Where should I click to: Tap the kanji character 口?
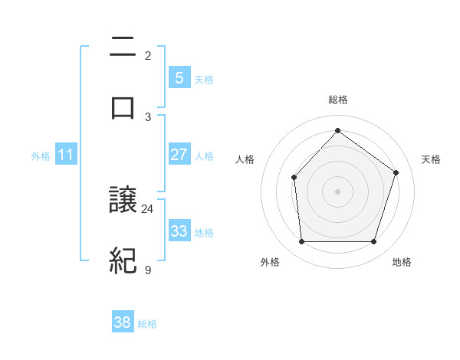pyautogui.click(x=123, y=107)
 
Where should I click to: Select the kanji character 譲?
pyautogui.click(x=123, y=201)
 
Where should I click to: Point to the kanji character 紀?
pyautogui.click(x=123, y=261)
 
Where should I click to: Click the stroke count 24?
pyautogui.click(x=148, y=208)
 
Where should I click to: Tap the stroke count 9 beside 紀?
pyautogui.click(x=148, y=270)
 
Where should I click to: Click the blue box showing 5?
pyautogui.click(x=179, y=77)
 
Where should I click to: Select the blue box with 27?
pyautogui.click(x=179, y=155)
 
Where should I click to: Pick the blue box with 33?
pyautogui.click(x=179, y=231)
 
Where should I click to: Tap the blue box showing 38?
pyautogui.click(x=123, y=322)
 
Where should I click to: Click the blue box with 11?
pyautogui.click(x=66, y=155)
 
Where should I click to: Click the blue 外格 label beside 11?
pyautogui.click(x=41, y=155)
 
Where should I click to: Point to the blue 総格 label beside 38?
pyautogui.click(x=147, y=324)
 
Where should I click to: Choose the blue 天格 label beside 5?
pyautogui.click(x=204, y=79)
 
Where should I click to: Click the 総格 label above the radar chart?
pyautogui.click(x=338, y=100)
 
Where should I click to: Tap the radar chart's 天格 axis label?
pyautogui.click(x=431, y=159)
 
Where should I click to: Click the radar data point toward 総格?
pyautogui.click(x=337, y=130)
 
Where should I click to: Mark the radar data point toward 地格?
pyautogui.click(x=373, y=241)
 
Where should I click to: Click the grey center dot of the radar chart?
pyautogui.click(x=337, y=191)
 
